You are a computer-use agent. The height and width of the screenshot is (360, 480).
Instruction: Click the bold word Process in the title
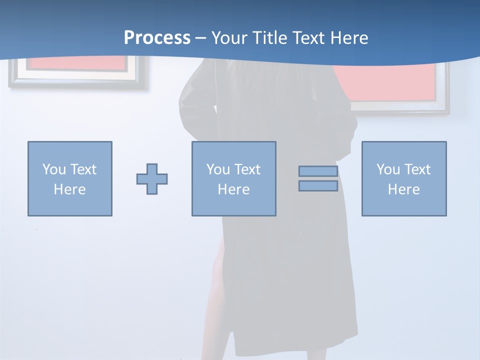coord(157,38)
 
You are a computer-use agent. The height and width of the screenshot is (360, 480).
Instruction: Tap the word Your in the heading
coord(230,38)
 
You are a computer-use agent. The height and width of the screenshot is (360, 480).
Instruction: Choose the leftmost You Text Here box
coord(69,178)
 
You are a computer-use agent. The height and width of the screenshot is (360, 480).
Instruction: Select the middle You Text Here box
coord(233,178)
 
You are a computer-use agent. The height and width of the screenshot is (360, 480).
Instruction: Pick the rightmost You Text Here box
coord(403,178)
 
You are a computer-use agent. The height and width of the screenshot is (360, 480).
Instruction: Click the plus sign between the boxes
coord(152,179)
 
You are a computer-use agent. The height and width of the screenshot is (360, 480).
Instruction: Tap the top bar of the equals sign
coord(318,171)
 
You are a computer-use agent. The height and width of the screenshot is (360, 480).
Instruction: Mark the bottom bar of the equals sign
coord(318,186)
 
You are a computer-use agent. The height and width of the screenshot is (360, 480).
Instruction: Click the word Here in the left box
coord(69,189)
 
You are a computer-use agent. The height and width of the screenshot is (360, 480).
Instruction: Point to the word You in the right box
coord(388,169)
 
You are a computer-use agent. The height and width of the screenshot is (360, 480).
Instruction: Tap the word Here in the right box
coord(403,189)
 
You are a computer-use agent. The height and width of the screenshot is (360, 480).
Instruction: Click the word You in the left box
coord(54,169)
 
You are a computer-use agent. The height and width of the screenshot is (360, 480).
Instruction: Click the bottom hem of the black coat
coord(295,345)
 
